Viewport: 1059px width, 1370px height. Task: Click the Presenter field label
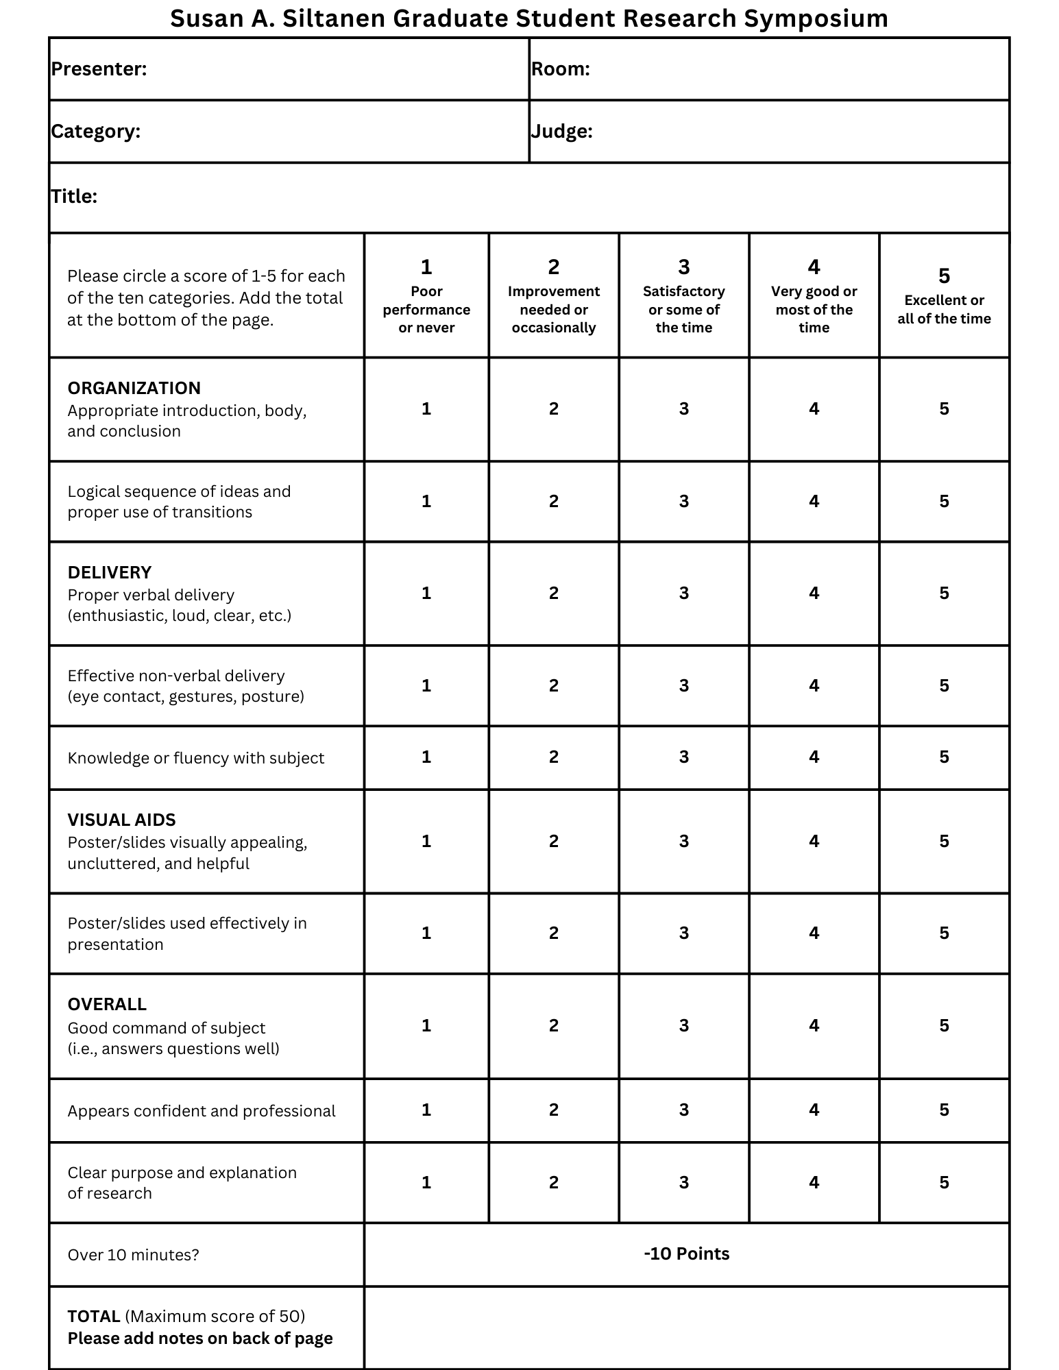point(99,69)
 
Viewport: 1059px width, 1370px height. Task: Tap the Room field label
point(560,69)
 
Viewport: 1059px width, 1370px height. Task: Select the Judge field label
point(561,132)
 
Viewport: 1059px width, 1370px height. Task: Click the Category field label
point(95,132)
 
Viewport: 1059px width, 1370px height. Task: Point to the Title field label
point(74,197)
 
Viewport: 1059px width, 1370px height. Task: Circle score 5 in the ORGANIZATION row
point(944,409)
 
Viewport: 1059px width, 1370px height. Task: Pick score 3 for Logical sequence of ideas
point(683,502)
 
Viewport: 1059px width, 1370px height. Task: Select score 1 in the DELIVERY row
point(426,594)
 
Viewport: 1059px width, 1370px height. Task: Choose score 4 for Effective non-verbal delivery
point(814,686)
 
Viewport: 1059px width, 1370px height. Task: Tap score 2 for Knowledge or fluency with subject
point(554,757)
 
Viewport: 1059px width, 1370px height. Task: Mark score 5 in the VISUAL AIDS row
point(944,842)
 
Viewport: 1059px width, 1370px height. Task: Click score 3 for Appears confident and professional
point(683,1110)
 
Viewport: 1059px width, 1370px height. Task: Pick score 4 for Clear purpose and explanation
point(814,1183)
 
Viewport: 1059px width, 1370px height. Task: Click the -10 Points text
point(686,1254)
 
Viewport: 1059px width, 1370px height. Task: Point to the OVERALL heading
point(107,1005)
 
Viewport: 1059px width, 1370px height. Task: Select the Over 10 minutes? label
point(133,1255)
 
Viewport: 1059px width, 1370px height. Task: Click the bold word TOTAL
point(94,1317)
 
